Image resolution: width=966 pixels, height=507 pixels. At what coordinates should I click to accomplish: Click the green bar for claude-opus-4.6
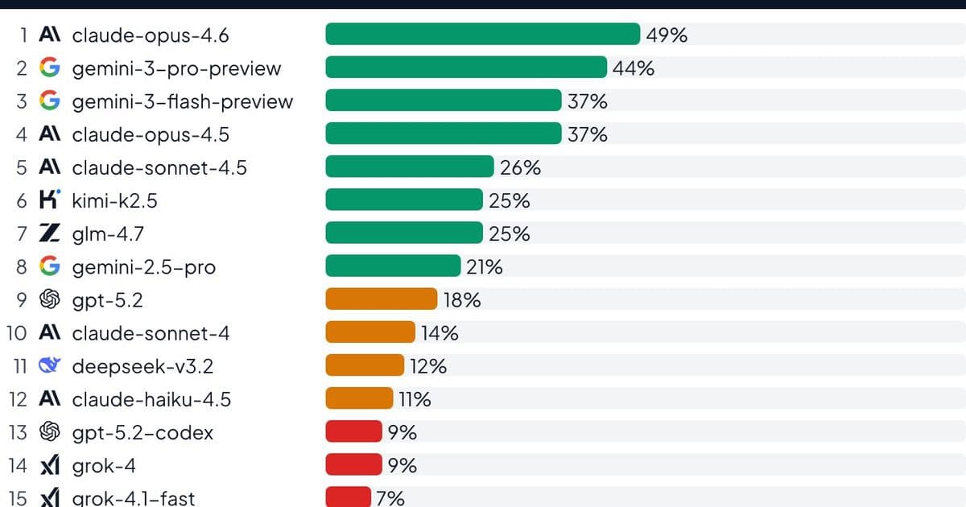(482, 35)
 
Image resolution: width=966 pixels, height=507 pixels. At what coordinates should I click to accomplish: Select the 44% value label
(634, 68)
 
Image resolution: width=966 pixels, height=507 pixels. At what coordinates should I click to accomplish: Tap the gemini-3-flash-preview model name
(183, 101)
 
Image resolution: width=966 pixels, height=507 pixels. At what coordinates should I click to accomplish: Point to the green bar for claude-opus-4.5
(443, 134)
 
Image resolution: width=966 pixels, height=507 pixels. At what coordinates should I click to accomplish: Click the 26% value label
(520, 167)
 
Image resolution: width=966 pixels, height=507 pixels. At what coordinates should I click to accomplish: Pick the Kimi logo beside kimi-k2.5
(50, 200)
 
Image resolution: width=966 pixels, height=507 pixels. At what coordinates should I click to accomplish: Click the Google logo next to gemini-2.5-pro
(50, 266)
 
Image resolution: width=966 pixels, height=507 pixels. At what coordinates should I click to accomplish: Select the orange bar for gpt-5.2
(381, 299)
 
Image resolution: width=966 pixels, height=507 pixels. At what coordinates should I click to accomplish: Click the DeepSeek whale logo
(50, 366)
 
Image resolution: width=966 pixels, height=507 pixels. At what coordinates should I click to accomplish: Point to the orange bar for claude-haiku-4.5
(358, 399)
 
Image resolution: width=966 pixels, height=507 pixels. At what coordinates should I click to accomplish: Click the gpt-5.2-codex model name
(142, 433)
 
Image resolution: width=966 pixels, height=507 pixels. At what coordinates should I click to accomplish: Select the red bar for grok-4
(353, 465)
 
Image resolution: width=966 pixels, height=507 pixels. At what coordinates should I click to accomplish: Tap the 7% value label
(390, 498)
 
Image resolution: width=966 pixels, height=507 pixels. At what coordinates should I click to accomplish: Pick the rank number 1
(24, 35)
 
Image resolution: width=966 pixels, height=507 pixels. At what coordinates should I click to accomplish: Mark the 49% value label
(667, 35)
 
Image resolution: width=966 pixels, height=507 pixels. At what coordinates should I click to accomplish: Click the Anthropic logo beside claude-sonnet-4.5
(50, 167)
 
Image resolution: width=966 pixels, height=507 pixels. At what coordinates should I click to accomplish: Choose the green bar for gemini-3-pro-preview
(465, 68)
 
